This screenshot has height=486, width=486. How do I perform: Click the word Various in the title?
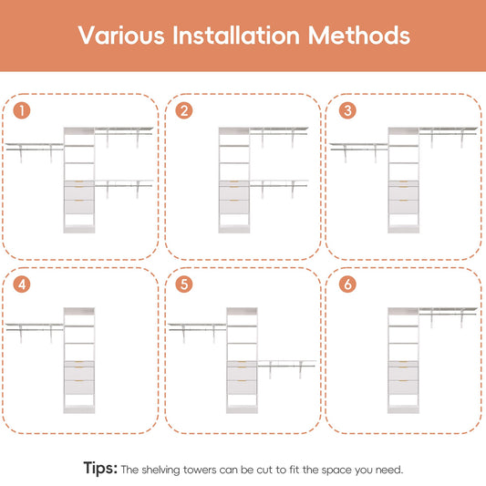121,36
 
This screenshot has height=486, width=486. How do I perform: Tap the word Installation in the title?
236,35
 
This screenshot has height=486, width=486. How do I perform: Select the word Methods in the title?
358,35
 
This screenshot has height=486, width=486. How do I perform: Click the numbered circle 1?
22,110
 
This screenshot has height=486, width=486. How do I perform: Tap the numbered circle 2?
184,110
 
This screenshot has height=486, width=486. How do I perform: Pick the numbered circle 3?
347,110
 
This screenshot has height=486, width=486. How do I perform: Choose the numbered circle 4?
22,284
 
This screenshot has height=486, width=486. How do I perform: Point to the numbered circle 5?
184,284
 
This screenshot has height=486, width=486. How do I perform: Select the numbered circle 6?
347,284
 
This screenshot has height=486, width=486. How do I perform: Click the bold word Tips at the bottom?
100,468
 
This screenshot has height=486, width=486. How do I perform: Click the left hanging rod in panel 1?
35,150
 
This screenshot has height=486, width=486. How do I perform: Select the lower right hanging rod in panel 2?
278,186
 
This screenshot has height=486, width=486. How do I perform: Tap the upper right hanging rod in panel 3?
448,134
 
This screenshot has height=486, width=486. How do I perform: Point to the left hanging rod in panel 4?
35,330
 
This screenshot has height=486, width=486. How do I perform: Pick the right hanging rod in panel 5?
286,366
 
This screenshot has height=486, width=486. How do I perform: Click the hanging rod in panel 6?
448,315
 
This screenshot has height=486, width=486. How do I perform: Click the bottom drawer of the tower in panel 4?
79,388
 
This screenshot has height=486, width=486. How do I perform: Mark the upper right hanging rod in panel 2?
278,134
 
